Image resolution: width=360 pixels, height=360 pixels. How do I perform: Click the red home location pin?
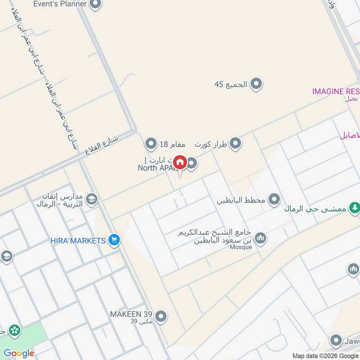click(180, 162)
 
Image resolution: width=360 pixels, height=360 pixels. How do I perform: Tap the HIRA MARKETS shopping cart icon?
click(114, 241)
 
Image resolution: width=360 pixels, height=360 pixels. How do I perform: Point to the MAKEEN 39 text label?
click(131, 314)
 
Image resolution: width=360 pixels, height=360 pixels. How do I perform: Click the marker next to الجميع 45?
click(256, 84)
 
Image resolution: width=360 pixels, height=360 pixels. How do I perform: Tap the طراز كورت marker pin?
click(235, 144)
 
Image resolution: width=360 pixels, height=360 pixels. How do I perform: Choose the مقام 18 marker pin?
click(151, 144)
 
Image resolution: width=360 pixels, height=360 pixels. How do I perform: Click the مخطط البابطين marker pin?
click(274, 199)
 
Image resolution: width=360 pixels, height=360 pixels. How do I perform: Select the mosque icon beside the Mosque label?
click(261, 237)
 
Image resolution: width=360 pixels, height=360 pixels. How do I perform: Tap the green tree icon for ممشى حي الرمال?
click(355, 207)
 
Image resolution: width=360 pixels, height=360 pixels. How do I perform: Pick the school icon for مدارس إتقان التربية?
click(92, 199)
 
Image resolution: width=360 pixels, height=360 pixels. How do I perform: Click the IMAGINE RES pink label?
click(335, 91)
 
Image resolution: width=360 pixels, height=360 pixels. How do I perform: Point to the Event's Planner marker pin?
click(95, 4)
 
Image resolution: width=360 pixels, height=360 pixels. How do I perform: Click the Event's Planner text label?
click(60, 4)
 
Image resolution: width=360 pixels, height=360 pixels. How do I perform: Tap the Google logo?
click(19, 353)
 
